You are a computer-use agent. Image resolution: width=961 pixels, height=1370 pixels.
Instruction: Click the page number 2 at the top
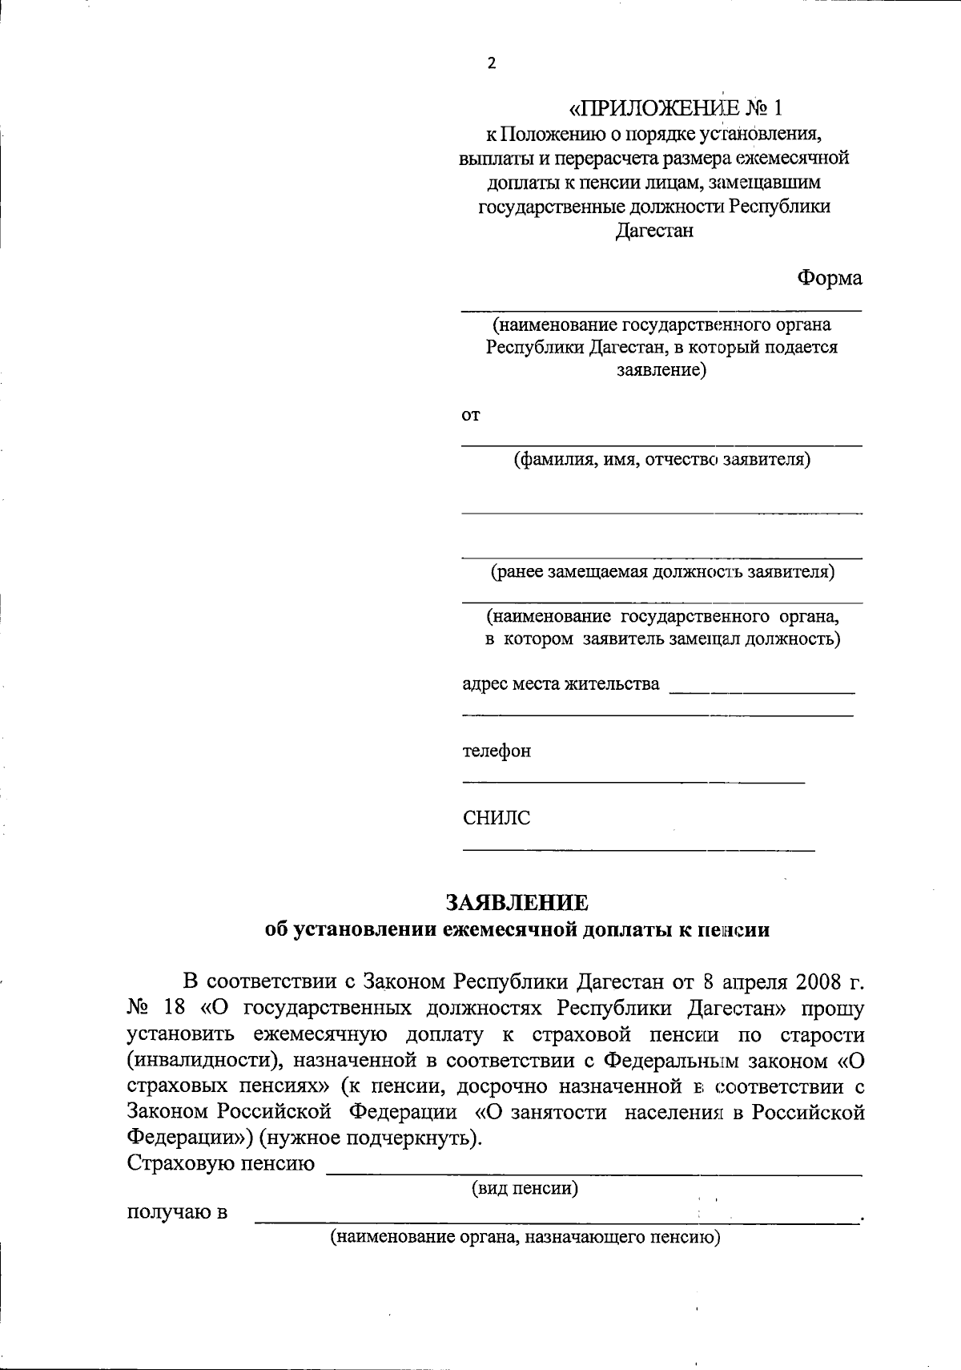(x=492, y=64)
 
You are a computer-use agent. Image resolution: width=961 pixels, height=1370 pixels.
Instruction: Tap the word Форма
(x=829, y=278)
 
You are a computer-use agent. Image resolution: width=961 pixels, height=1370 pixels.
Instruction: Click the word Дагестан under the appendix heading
(x=653, y=231)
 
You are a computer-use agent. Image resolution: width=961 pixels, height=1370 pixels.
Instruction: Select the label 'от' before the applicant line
(x=470, y=415)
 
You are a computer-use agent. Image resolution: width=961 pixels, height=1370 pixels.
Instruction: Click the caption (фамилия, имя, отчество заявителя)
(x=661, y=460)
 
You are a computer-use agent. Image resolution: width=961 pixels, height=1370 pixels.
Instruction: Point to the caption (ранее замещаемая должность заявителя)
(x=662, y=572)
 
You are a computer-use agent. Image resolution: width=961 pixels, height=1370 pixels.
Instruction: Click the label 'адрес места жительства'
(x=561, y=683)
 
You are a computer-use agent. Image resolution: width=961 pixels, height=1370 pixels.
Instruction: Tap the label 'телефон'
(x=496, y=751)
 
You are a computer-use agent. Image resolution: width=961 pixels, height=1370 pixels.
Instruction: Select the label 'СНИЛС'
(x=496, y=818)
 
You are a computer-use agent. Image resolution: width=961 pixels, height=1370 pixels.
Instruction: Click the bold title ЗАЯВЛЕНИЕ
(x=517, y=903)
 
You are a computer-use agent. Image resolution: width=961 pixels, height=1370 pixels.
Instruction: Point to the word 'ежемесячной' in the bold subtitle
(x=505, y=930)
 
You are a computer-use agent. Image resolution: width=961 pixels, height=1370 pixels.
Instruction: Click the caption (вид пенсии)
(x=525, y=1188)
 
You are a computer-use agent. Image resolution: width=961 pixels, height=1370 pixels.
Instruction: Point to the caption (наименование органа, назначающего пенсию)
(x=526, y=1237)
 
